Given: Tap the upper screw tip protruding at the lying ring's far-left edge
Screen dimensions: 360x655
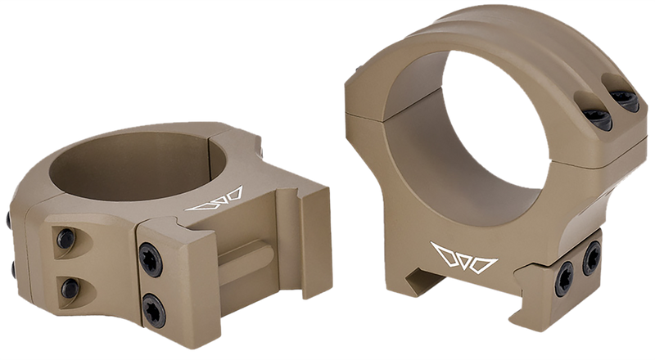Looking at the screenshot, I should pyautogui.click(x=8, y=219).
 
